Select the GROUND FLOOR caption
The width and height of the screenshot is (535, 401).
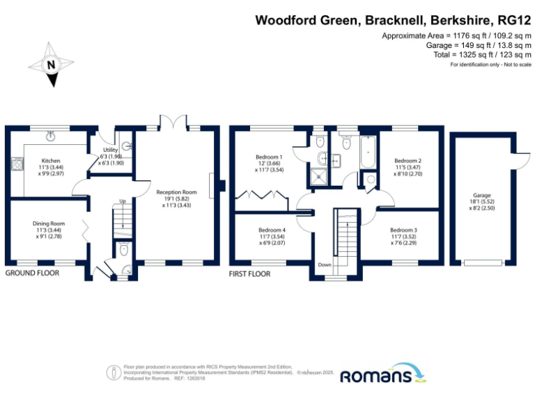point(32,274)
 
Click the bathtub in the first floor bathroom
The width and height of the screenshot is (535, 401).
point(367,154)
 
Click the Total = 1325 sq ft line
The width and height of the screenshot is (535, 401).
point(472,54)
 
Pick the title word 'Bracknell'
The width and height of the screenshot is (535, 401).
point(394,20)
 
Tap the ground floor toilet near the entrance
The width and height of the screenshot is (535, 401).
point(123,249)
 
